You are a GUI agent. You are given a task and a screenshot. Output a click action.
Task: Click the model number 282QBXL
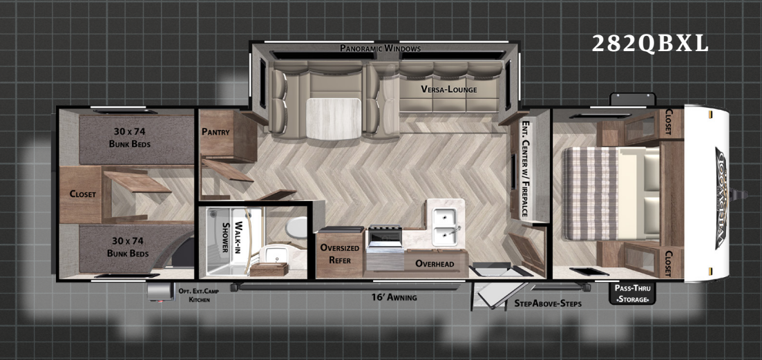coord(650,44)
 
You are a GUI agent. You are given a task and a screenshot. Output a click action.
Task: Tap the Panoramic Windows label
coord(380,48)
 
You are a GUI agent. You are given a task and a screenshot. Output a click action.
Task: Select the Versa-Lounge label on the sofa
coord(449,89)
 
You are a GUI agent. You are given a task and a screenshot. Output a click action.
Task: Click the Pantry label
coord(216,131)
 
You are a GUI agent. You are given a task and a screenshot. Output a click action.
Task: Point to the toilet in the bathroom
coord(295,226)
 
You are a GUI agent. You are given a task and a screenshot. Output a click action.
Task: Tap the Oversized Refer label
coord(339,254)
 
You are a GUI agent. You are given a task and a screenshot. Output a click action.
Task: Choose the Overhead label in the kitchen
coord(435,263)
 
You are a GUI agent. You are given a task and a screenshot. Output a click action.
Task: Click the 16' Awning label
coord(394,297)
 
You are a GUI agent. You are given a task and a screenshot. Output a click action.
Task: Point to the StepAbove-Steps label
coord(548,303)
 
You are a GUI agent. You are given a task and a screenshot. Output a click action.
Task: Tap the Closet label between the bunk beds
coord(83,194)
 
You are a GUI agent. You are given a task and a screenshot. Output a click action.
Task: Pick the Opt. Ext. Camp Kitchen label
coord(199,296)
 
